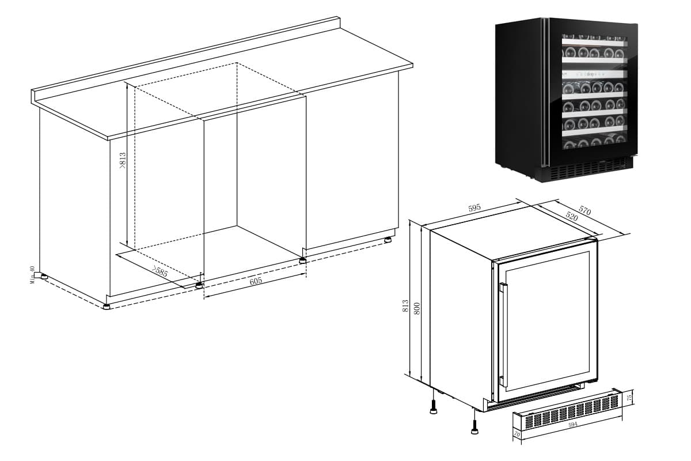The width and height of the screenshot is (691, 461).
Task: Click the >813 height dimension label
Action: (122, 161)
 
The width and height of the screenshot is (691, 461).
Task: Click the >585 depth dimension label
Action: (160, 271)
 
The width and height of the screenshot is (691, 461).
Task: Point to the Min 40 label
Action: (33, 274)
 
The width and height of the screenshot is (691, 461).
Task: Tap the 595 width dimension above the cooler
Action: (474, 209)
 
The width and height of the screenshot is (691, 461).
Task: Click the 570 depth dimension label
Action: (584, 210)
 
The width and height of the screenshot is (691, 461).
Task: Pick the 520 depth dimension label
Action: (572, 217)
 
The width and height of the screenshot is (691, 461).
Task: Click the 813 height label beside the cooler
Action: (405, 306)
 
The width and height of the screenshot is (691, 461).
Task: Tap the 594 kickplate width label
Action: (572, 425)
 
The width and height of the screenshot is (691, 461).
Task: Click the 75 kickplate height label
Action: (629, 397)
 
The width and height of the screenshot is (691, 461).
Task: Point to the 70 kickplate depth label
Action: (517, 433)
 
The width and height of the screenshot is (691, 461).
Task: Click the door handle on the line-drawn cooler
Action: (503, 334)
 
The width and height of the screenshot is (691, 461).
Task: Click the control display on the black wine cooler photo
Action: (593, 74)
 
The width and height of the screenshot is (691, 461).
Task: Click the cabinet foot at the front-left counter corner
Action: (107, 306)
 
